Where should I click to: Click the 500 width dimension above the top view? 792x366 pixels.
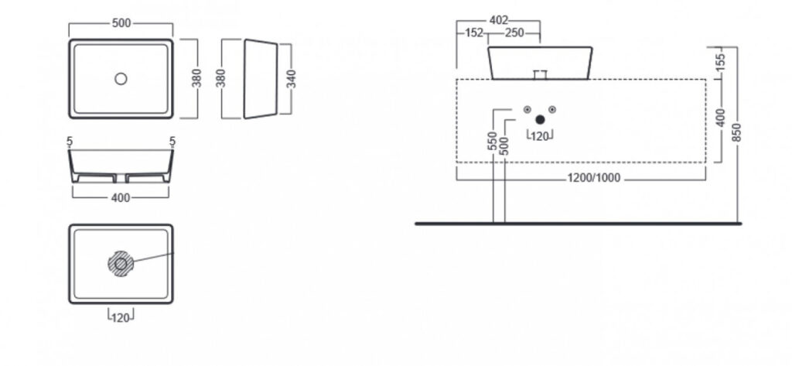121,23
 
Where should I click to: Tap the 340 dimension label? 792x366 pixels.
292,80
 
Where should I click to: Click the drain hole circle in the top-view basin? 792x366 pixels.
121,79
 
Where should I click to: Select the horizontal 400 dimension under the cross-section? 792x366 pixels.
121,197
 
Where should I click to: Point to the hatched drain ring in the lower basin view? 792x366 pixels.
121,264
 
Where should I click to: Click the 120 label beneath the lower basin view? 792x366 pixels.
121,318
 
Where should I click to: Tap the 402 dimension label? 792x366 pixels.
499,21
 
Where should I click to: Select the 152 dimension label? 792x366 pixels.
475,33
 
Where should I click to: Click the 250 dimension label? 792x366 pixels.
514,33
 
